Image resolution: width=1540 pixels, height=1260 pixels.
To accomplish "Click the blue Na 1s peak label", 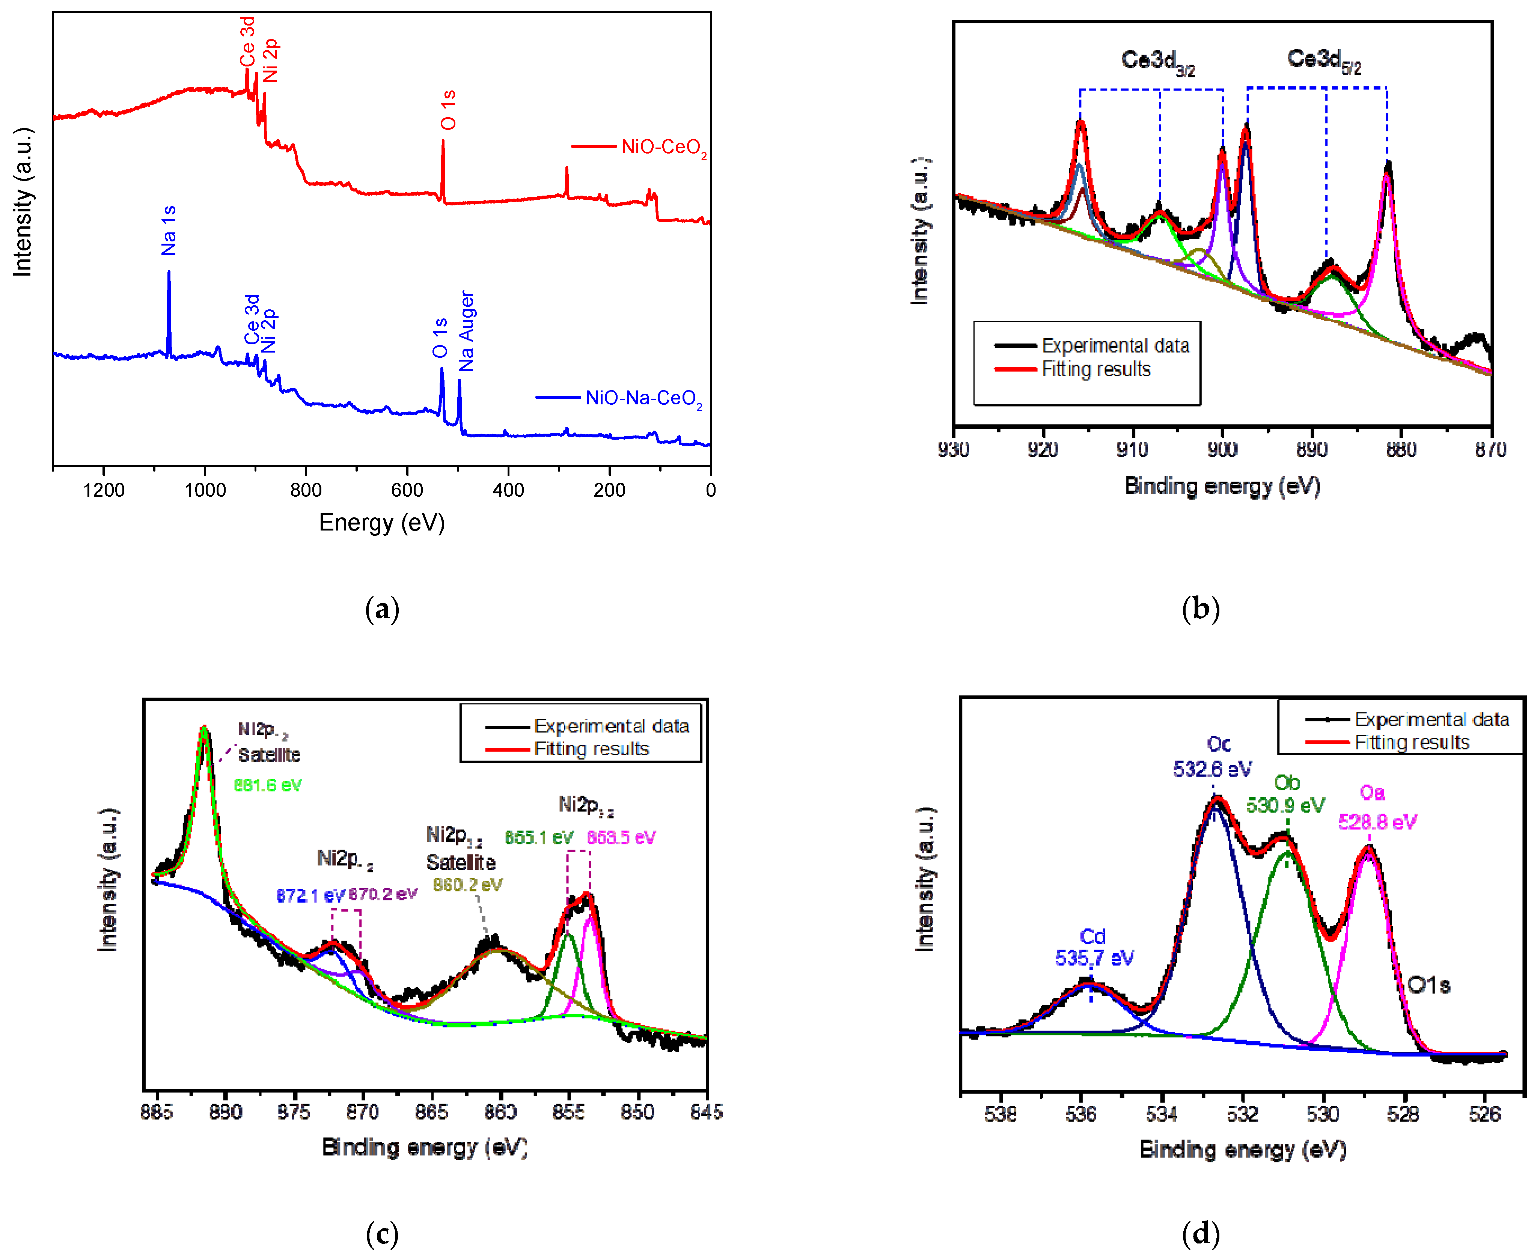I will coord(168,231).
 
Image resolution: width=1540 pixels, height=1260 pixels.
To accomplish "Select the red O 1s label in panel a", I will coord(449,110).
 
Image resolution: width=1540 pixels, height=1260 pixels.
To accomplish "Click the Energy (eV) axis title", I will coord(382,523).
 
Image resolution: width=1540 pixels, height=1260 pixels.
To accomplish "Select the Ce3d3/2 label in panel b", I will coord(1157,62).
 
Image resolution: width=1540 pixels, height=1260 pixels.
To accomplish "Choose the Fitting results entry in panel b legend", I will coord(1096,369).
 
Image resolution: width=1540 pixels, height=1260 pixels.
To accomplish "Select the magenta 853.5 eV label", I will coord(621,838).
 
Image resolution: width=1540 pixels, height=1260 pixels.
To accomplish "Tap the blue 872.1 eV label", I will coord(310,896).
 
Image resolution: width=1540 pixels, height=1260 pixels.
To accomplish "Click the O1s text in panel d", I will coord(1428,985).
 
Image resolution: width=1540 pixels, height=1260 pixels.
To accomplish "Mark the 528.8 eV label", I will coord(1377,821).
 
